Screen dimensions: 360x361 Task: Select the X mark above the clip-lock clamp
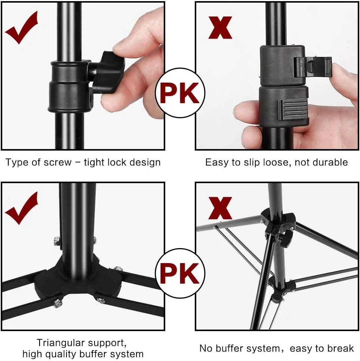[x=220, y=27]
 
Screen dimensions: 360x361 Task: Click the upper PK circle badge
[x=180, y=93]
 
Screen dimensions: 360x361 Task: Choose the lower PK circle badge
[x=180, y=273]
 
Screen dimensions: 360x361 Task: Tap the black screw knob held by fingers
[x=108, y=72]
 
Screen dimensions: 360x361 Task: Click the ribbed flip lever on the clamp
[x=292, y=110]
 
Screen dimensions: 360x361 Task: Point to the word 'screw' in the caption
[x=58, y=163]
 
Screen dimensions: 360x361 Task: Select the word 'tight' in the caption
[x=94, y=163]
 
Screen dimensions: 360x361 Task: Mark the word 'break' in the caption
[x=342, y=348]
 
